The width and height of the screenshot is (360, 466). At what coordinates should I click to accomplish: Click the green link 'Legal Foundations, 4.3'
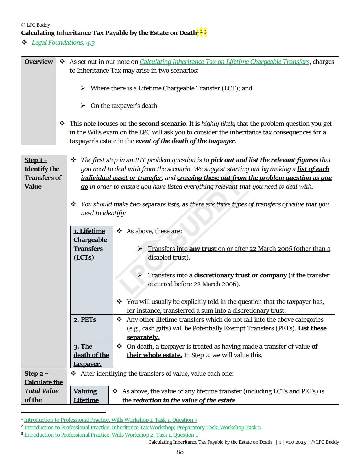63,43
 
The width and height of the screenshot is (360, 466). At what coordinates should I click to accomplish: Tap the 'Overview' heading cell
38,62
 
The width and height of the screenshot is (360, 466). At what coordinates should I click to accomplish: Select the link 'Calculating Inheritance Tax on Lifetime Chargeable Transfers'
224,62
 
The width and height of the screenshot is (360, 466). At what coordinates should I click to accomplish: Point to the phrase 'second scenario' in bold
162,123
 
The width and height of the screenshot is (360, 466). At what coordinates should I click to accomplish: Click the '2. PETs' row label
85,320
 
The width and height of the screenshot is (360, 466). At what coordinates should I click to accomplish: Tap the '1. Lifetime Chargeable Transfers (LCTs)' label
90,244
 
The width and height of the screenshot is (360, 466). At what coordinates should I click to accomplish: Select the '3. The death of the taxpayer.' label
91,355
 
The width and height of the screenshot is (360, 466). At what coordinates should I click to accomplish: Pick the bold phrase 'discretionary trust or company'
240,275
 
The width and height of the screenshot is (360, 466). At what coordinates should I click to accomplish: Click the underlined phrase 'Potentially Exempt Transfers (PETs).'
244,328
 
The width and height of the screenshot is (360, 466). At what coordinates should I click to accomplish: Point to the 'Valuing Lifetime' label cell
86,395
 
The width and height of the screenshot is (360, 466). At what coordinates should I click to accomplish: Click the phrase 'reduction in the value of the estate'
184,400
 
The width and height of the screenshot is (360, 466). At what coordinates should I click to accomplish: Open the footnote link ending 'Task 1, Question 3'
111,420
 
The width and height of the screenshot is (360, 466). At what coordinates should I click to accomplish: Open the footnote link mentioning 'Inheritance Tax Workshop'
142,427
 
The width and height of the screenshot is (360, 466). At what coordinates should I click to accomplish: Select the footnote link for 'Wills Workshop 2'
111,435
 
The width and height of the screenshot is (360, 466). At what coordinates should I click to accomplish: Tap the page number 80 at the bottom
180,452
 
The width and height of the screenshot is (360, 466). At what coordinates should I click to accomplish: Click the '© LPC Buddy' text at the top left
36,25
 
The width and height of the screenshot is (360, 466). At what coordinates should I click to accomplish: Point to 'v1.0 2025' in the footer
295,442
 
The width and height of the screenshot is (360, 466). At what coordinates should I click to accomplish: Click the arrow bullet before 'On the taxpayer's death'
83,106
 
